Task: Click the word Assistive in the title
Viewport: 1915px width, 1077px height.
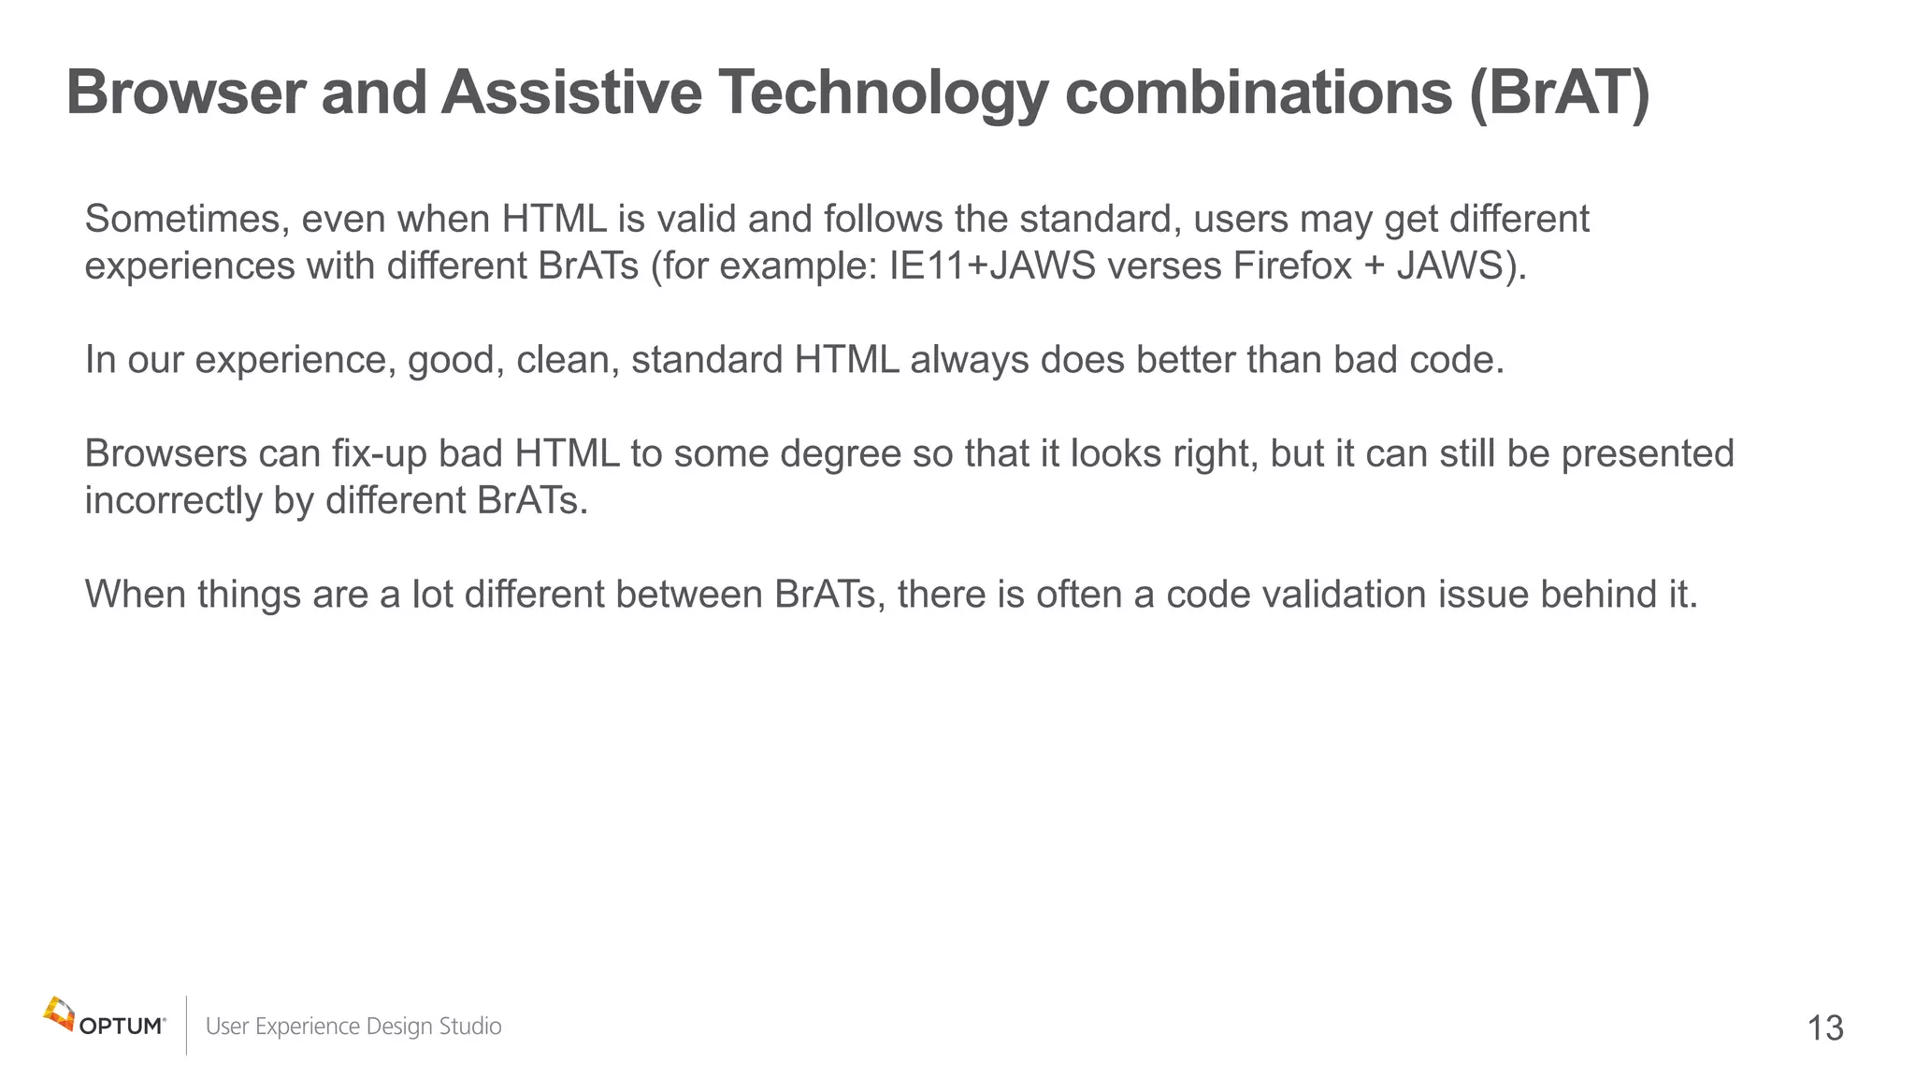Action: click(x=570, y=93)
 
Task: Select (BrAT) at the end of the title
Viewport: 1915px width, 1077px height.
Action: click(x=1559, y=93)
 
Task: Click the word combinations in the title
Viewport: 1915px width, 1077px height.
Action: click(x=1258, y=93)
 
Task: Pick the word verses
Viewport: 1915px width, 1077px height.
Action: click(x=1163, y=266)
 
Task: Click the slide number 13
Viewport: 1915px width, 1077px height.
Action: click(x=1825, y=1028)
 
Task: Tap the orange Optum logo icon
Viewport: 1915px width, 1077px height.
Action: click(x=59, y=1013)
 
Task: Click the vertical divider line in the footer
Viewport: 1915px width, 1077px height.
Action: click(x=187, y=1026)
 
